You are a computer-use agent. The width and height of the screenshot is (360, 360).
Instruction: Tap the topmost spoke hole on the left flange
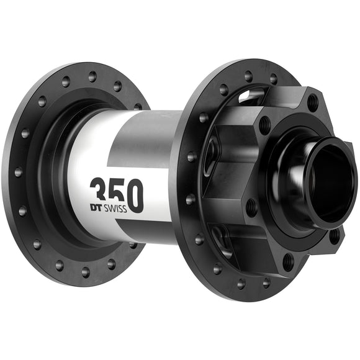(92, 76)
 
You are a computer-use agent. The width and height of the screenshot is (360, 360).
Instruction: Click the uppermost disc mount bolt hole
(312, 100)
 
